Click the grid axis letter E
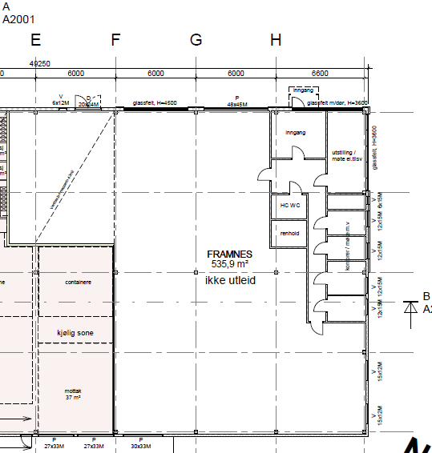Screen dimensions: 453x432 pos(35,40)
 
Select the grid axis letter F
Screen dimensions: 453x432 pos(115,40)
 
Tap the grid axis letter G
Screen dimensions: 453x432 pos(196,40)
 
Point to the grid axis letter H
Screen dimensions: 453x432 pos(276,40)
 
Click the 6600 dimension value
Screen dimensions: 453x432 pos(319,74)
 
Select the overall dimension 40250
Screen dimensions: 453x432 pos(39,63)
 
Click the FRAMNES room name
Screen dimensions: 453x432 pos(229,254)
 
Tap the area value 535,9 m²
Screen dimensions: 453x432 pos(229,263)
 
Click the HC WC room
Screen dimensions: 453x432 pos(289,206)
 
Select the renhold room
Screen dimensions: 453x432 pos(289,233)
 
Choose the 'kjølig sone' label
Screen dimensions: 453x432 pos(75,331)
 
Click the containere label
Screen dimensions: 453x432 pos(75,282)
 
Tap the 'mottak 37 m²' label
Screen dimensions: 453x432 pos(75,394)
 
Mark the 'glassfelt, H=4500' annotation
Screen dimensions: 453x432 pos(155,103)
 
